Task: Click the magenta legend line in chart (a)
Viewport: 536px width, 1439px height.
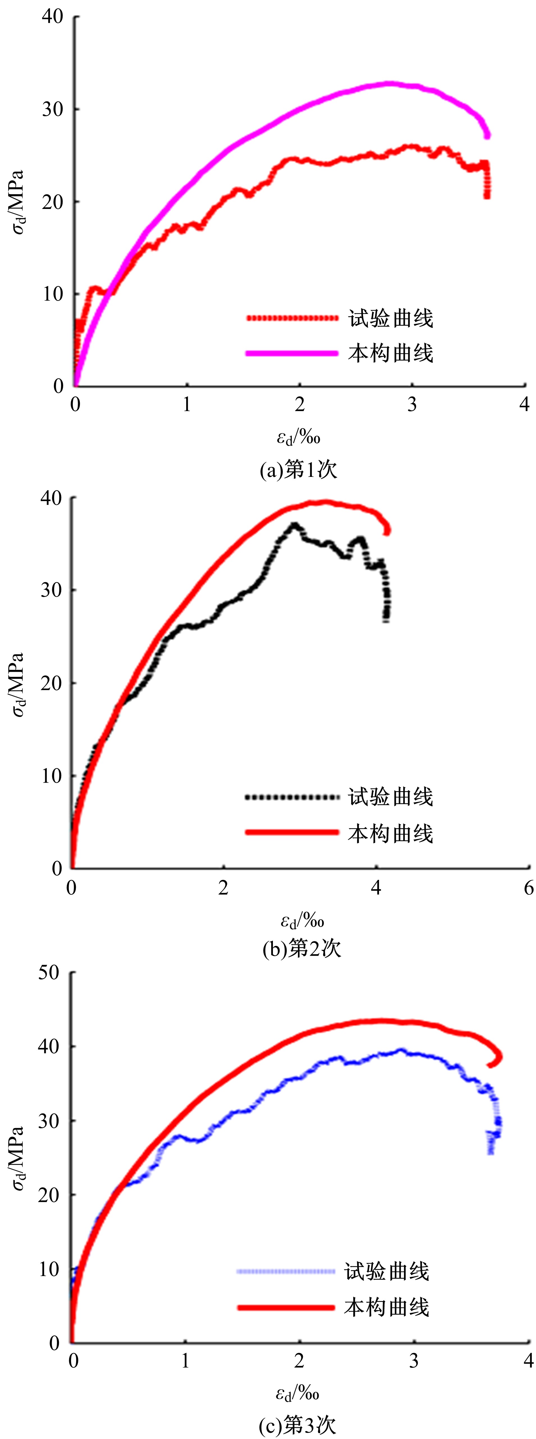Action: (x=292, y=353)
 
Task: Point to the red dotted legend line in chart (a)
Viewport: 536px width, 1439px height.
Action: (x=292, y=318)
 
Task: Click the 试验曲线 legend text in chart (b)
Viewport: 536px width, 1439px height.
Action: (x=391, y=797)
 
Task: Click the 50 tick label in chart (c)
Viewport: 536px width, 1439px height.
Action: (x=49, y=973)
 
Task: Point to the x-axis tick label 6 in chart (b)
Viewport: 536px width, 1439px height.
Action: (x=528, y=888)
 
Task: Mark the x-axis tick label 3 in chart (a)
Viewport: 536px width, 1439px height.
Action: (x=412, y=405)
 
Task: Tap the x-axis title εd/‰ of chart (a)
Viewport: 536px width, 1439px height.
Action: (x=299, y=437)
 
